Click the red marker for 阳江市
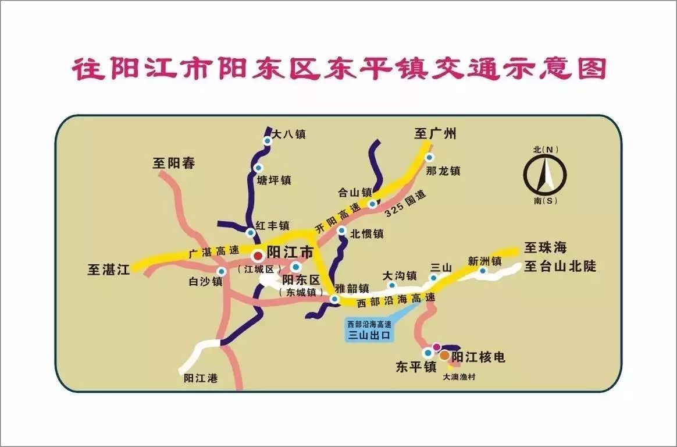pyautogui.click(x=258, y=256)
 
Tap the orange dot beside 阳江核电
pyautogui.click(x=444, y=354)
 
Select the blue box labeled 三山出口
pyautogui.click(x=370, y=330)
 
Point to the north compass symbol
pyautogui.click(x=545, y=174)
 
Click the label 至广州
pyautogui.click(x=435, y=134)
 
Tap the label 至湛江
pyautogui.click(x=108, y=269)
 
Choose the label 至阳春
pyautogui.click(x=174, y=163)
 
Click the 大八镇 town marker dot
pyautogui.click(x=268, y=141)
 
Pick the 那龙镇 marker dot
pyautogui.click(x=429, y=157)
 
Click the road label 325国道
pyautogui.click(x=405, y=204)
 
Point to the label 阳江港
pyautogui.click(x=200, y=378)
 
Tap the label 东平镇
pyautogui.click(x=416, y=367)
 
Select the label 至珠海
pyautogui.click(x=545, y=248)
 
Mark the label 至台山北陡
pyautogui.click(x=561, y=267)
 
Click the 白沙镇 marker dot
pyautogui.click(x=221, y=272)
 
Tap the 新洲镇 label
pyautogui.click(x=484, y=261)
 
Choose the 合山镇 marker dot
pyautogui.click(x=372, y=204)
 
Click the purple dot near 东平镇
pyautogui.click(x=436, y=347)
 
